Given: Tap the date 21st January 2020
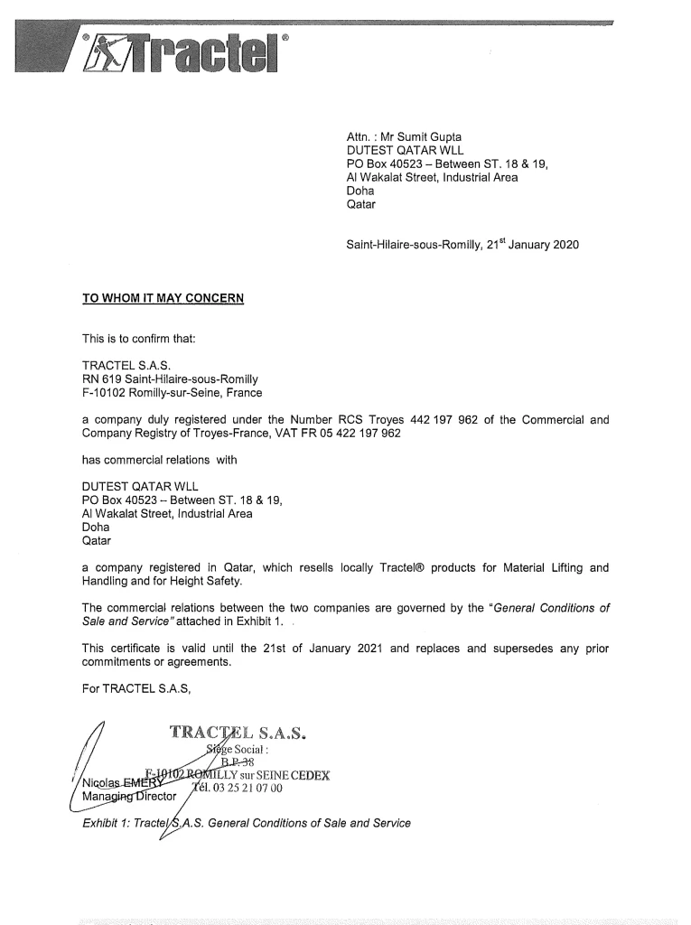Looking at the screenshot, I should [x=533, y=245].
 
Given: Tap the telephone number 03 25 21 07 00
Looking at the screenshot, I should [x=240, y=788].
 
